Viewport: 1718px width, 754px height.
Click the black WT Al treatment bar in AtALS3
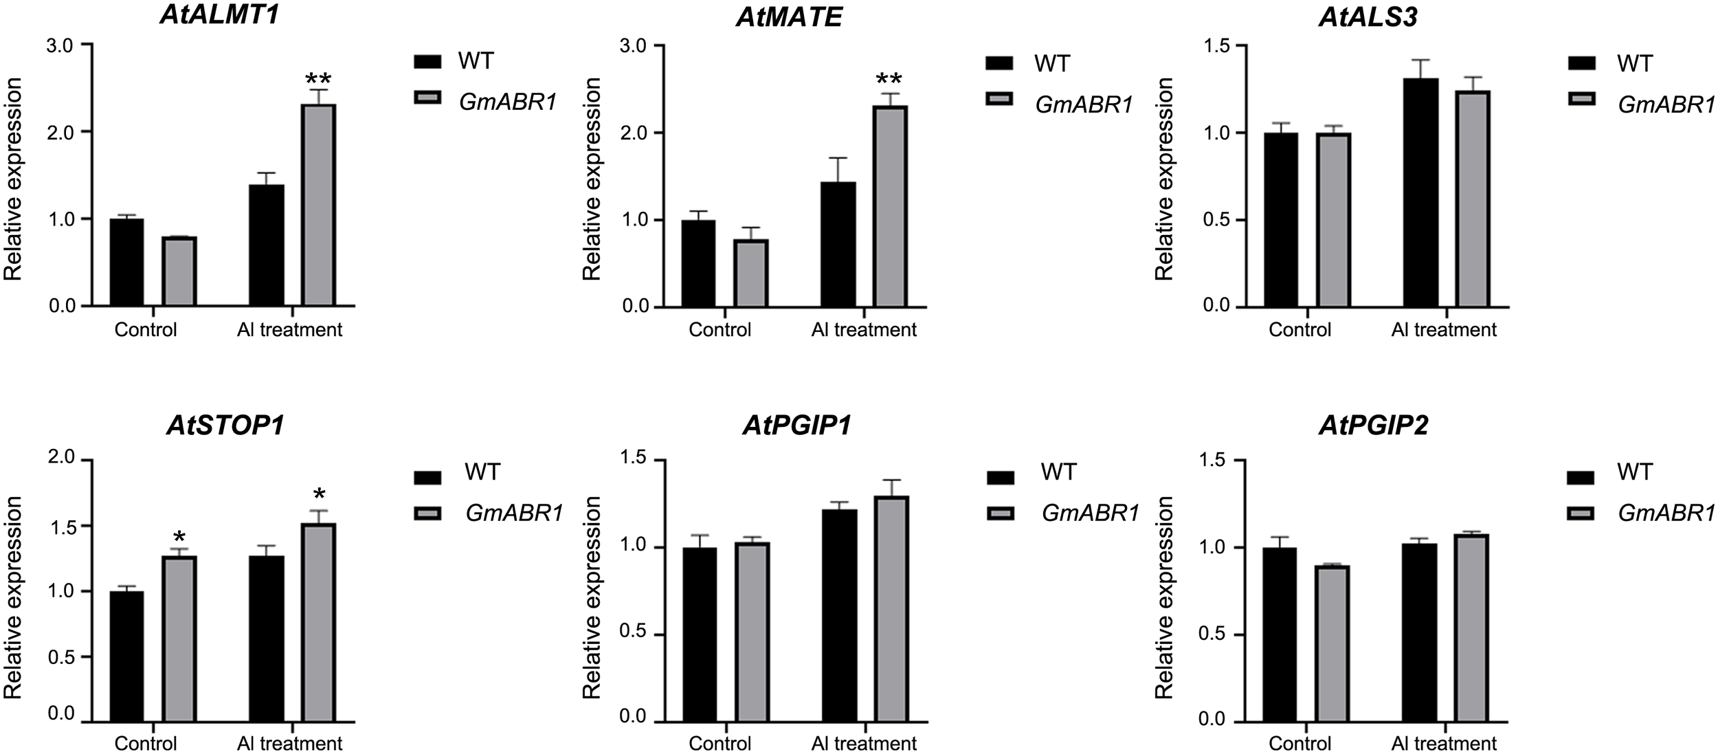(x=1420, y=192)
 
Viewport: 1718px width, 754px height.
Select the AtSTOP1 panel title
(x=225, y=426)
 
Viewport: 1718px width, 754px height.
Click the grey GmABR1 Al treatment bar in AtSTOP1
(x=318, y=622)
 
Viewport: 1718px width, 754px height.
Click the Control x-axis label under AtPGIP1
(x=719, y=743)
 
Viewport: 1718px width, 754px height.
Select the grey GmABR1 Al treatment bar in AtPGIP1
(x=892, y=608)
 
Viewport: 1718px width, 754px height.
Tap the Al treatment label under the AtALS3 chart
(x=1443, y=330)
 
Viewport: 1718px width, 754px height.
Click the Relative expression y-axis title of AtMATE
(x=592, y=179)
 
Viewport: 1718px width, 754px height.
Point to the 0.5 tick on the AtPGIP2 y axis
(x=1213, y=634)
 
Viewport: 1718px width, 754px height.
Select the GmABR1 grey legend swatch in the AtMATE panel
(x=1000, y=100)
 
